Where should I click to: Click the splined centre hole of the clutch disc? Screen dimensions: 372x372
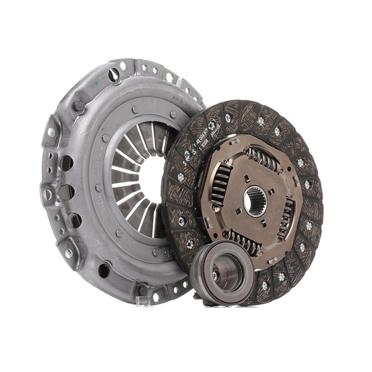(x=255, y=202)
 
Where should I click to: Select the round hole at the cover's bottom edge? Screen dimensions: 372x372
(x=104, y=270)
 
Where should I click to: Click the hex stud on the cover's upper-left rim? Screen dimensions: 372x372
(x=78, y=106)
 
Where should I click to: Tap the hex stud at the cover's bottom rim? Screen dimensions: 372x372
(x=143, y=290)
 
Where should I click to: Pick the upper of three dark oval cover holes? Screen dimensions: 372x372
(x=66, y=163)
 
